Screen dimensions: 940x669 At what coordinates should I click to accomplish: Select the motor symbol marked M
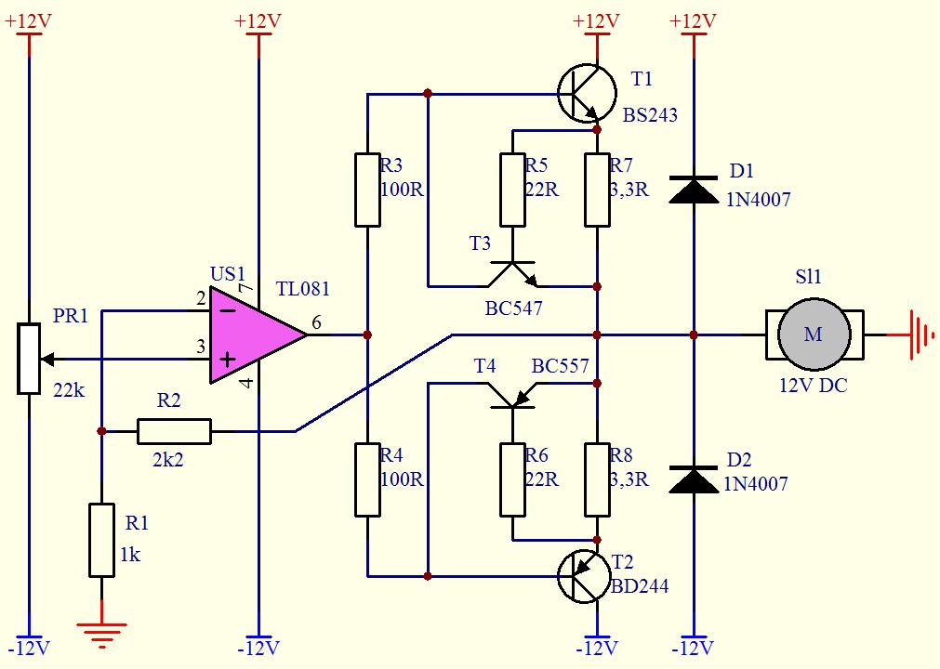pyautogui.click(x=814, y=334)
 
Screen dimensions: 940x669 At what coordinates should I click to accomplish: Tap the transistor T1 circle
pyautogui.click(x=587, y=94)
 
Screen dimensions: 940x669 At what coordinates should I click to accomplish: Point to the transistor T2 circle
pyautogui.click(x=586, y=576)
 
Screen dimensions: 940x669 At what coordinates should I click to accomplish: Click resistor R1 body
pyautogui.click(x=102, y=540)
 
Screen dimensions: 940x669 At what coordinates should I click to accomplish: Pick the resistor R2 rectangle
pyautogui.click(x=175, y=431)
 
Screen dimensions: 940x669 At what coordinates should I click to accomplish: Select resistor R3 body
pyautogui.click(x=367, y=190)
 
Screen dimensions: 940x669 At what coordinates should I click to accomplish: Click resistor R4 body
pyautogui.click(x=367, y=479)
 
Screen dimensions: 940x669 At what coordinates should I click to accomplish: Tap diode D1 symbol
pyautogui.click(x=694, y=190)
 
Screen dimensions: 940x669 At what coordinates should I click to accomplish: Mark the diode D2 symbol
pyautogui.click(x=694, y=479)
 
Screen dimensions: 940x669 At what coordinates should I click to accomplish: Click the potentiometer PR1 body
pyautogui.click(x=28, y=359)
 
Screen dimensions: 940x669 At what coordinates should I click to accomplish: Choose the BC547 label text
pyautogui.click(x=513, y=308)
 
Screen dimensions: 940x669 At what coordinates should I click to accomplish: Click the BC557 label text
pyautogui.click(x=560, y=365)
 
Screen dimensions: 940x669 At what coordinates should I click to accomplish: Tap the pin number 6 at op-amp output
pyautogui.click(x=316, y=322)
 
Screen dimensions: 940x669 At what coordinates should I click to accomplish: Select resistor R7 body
pyautogui.click(x=598, y=190)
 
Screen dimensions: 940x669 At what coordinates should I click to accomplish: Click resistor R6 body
pyautogui.click(x=512, y=479)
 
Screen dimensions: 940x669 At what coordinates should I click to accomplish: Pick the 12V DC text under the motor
pyautogui.click(x=814, y=385)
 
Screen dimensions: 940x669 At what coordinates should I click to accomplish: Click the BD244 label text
pyautogui.click(x=640, y=585)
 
